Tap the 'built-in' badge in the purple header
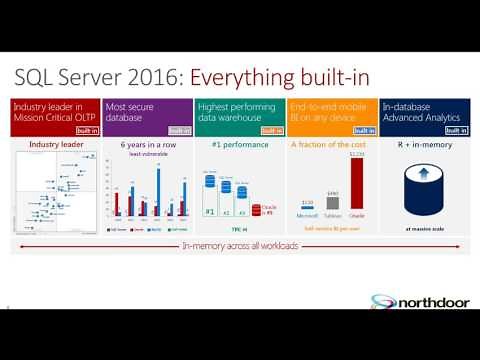[179, 130]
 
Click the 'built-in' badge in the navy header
[456, 130]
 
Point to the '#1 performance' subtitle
[239, 145]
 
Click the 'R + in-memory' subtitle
[424, 145]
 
